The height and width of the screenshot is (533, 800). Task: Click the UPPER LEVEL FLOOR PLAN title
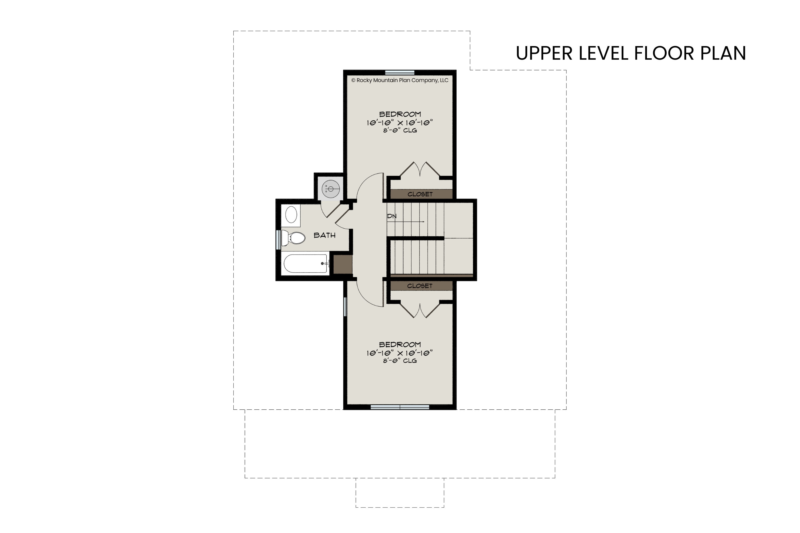(x=631, y=53)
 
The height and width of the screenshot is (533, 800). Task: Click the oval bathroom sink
(x=291, y=215)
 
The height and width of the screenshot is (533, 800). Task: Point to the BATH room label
(x=325, y=235)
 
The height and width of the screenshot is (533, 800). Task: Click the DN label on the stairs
(x=392, y=216)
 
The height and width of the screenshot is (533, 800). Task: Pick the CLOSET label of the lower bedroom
(x=420, y=286)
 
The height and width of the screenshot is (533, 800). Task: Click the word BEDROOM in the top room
(x=400, y=115)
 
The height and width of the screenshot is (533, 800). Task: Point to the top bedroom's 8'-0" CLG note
(x=400, y=131)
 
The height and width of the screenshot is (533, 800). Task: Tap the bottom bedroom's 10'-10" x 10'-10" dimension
(x=400, y=353)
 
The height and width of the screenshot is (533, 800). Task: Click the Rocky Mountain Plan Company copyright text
(x=400, y=80)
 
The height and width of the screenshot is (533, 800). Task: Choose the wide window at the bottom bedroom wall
(x=400, y=407)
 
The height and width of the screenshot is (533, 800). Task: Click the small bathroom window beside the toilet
(x=279, y=238)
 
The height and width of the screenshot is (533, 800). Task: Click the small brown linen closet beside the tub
(x=342, y=264)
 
